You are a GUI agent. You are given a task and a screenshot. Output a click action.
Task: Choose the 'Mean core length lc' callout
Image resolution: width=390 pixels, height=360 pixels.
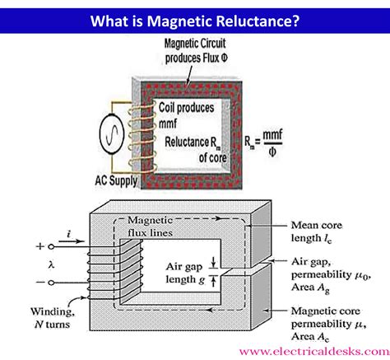tap(318, 231)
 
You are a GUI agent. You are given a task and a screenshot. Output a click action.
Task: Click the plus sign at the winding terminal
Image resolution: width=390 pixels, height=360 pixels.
tap(40, 245)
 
